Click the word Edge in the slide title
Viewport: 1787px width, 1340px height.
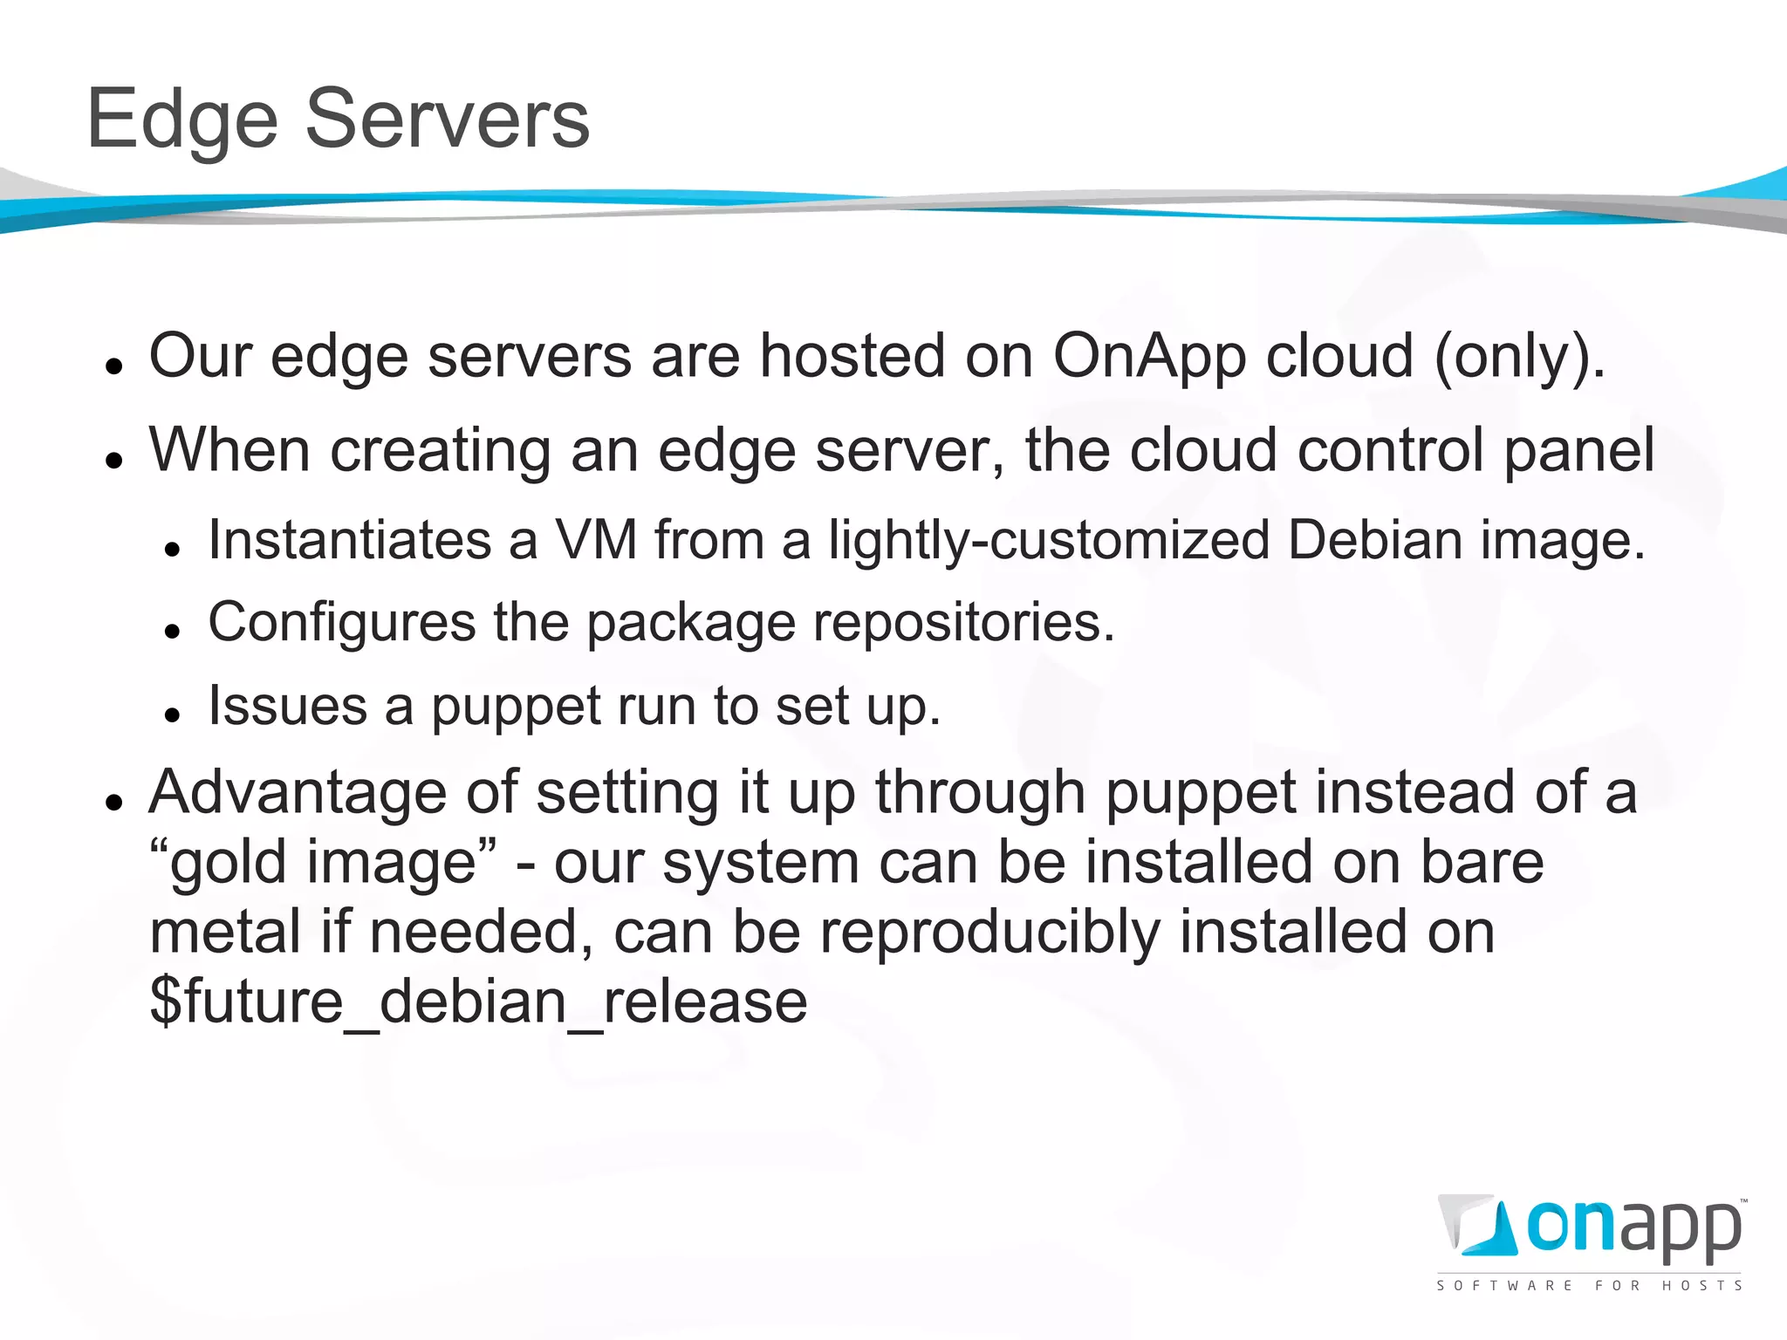click(181, 120)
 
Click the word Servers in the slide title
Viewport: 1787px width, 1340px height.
click(447, 120)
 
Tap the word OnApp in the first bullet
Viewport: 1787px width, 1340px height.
click(1149, 357)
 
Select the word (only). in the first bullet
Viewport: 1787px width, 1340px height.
click(1519, 357)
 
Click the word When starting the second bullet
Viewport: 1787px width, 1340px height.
click(229, 451)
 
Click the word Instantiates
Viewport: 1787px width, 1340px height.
click(350, 540)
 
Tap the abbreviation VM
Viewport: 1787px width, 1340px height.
click(597, 540)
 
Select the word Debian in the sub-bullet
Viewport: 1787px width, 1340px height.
click(1374, 540)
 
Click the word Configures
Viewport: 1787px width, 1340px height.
click(342, 623)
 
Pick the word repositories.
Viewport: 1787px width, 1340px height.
click(964, 623)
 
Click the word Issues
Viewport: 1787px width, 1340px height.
click(288, 706)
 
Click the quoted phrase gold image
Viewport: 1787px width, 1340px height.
click(324, 863)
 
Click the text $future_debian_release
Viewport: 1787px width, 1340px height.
click(478, 1002)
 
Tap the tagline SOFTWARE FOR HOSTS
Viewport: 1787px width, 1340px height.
click(1589, 1286)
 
